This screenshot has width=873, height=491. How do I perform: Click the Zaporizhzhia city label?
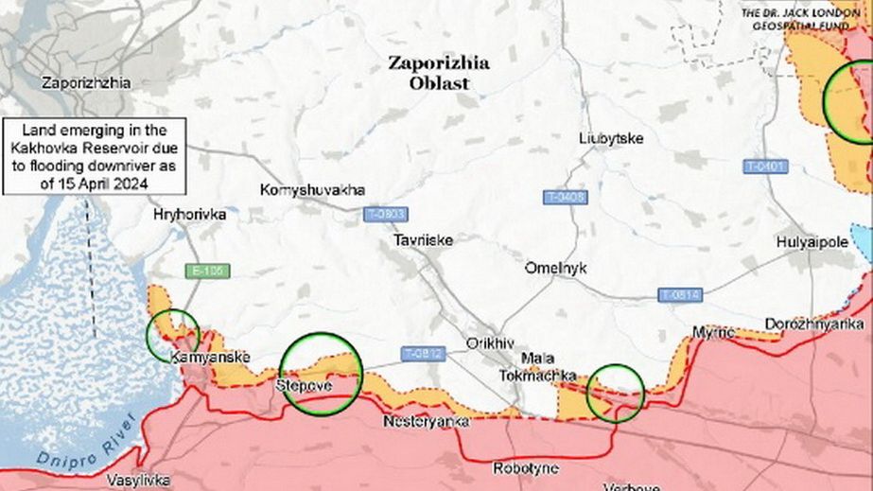pyautogui.click(x=86, y=82)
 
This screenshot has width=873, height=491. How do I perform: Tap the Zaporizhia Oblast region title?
pyautogui.click(x=439, y=73)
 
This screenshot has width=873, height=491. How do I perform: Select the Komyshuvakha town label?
pyautogui.click(x=312, y=190)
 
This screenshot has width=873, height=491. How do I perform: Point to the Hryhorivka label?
pyautogui.click(x=189, y=215)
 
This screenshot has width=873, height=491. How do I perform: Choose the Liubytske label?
pyautogui.click(x=610, y=139)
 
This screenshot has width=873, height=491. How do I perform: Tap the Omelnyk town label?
pyautogui.click(x=555, y=269)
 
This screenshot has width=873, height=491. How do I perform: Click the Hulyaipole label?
pyautogui.click(x=812, y=242)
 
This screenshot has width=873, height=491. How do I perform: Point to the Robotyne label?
pyautogui.click(x=525, y=467)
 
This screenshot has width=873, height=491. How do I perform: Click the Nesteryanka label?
pyautogui.click(x=426, y=422)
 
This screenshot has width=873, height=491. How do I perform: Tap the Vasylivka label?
pyautogui.click(x=139, y=480)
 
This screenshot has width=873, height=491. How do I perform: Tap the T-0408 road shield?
pyautogui.click(x=566, y=197)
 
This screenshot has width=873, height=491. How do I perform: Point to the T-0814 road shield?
pyautogui.click(x=679, y=295)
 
